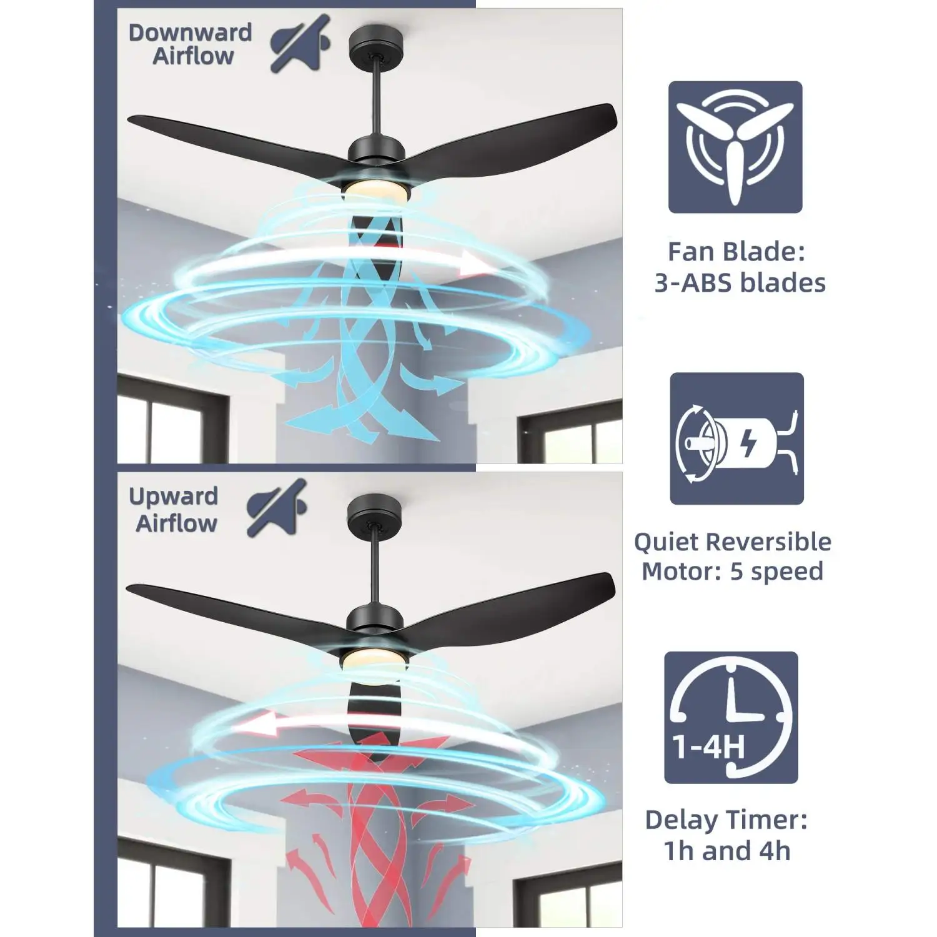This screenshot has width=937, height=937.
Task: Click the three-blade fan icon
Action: (x=735, y=147)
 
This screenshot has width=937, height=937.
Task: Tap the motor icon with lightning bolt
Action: (x=736, y=439)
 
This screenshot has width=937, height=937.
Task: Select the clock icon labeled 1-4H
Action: (x=731, y=718)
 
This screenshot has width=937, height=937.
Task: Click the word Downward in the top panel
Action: (x=190, y=32)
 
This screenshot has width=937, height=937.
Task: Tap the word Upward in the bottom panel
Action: (x=173, y=497)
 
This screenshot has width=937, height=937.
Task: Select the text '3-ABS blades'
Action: (x=740, y=283)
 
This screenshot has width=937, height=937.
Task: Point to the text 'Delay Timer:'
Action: (x=726, y=820)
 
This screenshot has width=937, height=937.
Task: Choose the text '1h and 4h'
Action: (x=727, y=851)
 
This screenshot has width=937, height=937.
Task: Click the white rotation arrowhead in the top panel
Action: (x=473, y=265)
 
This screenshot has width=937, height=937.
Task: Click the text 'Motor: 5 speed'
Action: (x=732, y=572)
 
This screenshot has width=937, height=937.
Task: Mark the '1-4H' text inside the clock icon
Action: (x=708, y=746)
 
